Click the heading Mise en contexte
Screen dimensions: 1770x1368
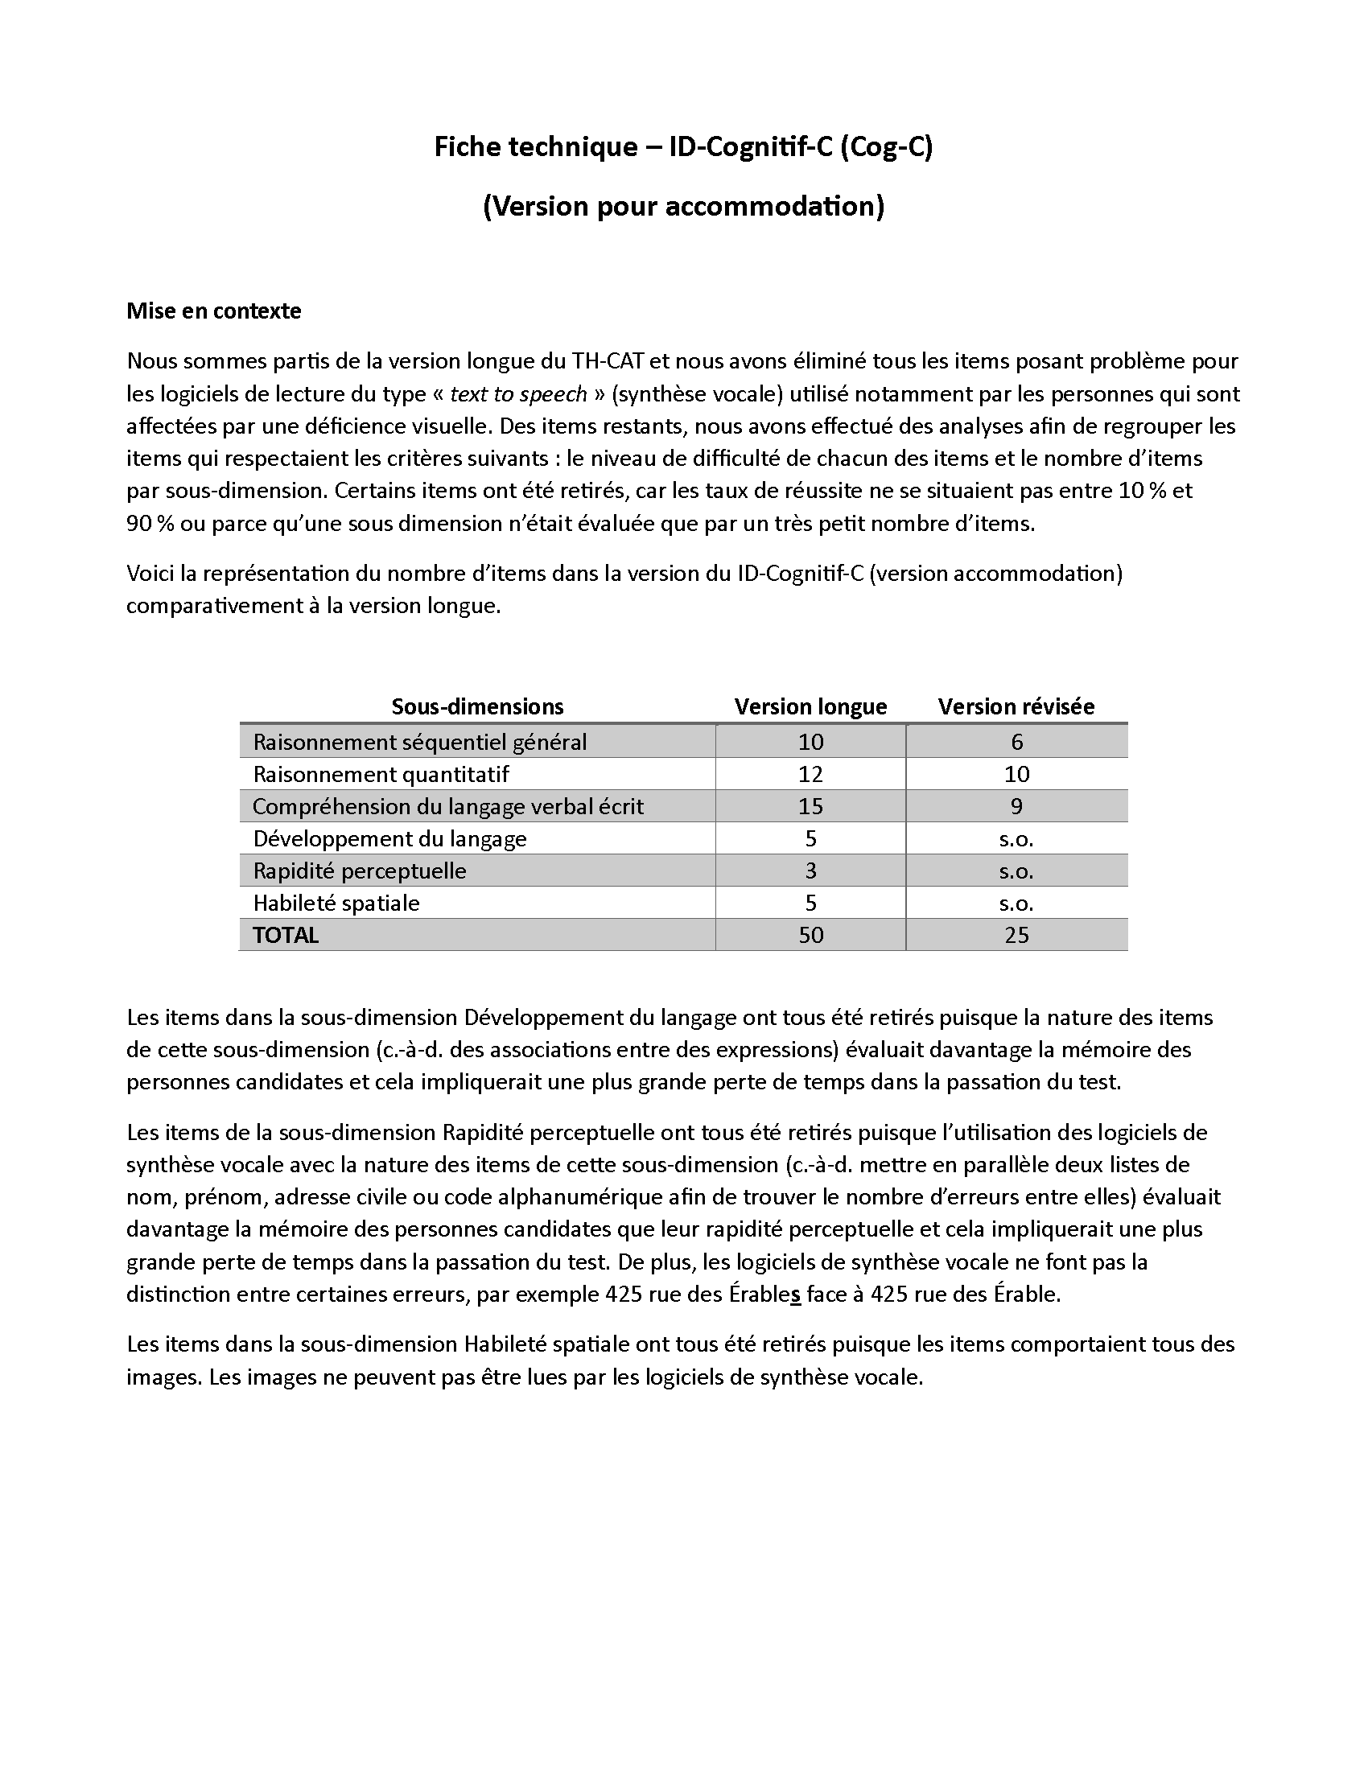point(213,311)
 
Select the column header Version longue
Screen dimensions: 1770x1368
point(810,706)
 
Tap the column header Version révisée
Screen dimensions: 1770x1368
point(1016,706)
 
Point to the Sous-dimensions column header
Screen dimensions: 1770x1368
point(476,706)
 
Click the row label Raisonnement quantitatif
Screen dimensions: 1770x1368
point(381,774)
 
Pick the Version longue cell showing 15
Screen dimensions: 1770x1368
point(810,806)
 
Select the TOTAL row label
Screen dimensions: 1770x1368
point(286,935)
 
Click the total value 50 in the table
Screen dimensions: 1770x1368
point(810,935)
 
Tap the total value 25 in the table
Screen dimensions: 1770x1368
point(1016,935)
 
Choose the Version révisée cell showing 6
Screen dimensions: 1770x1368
point(1016,742)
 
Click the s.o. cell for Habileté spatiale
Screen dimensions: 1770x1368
point(1016,903)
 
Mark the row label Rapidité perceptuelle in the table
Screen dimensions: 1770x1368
point(359,871)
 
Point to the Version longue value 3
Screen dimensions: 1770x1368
point(810,871)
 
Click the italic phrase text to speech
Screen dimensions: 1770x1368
point(518,394)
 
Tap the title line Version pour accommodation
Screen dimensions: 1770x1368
point(683,207)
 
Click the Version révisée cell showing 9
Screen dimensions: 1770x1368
point(1016,806)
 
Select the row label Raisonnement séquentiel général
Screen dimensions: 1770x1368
point(419,742)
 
